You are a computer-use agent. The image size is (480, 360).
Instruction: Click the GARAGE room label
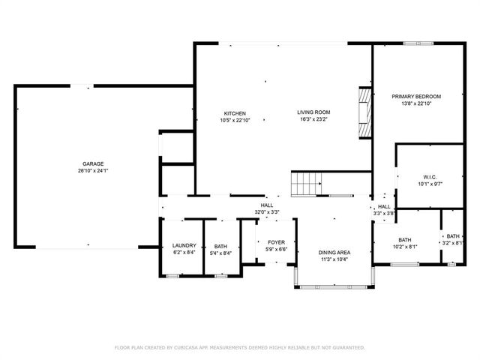click(93, 164)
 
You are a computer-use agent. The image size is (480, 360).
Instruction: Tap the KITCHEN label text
click(235, 113)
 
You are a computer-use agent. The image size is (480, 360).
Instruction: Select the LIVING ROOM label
click(313, 112)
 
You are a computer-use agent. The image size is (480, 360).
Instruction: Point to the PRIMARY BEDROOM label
click(416, 97)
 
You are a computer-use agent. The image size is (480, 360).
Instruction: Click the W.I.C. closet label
click(430, 177)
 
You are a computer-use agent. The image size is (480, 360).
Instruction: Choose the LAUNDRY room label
click(184, 245)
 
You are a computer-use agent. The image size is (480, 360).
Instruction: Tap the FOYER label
click(277, 242)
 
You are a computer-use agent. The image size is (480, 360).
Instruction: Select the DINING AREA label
click(334, 253)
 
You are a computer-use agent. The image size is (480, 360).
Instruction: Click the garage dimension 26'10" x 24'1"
click(93, 171)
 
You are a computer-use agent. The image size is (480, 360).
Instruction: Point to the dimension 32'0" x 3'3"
click(267, 211)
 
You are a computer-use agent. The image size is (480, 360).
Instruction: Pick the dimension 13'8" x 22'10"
click(416, 103)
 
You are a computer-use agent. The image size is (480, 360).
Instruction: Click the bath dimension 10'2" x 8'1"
click(405, 247)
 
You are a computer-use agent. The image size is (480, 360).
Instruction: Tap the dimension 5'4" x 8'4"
click(220, 253)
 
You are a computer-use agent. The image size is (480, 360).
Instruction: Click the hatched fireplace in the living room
click(365, 113)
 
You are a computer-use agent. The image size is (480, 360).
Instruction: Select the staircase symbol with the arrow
click(306, 184)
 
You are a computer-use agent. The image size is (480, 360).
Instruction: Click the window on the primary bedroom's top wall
click(418, 43)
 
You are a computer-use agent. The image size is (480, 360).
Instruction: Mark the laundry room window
click(172, 276)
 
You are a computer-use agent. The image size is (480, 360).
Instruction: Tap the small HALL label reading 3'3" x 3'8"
click(384, 210)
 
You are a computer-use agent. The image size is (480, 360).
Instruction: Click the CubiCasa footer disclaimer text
click(240, 348)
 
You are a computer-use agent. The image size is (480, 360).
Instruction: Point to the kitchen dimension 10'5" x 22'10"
click(235, 120)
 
